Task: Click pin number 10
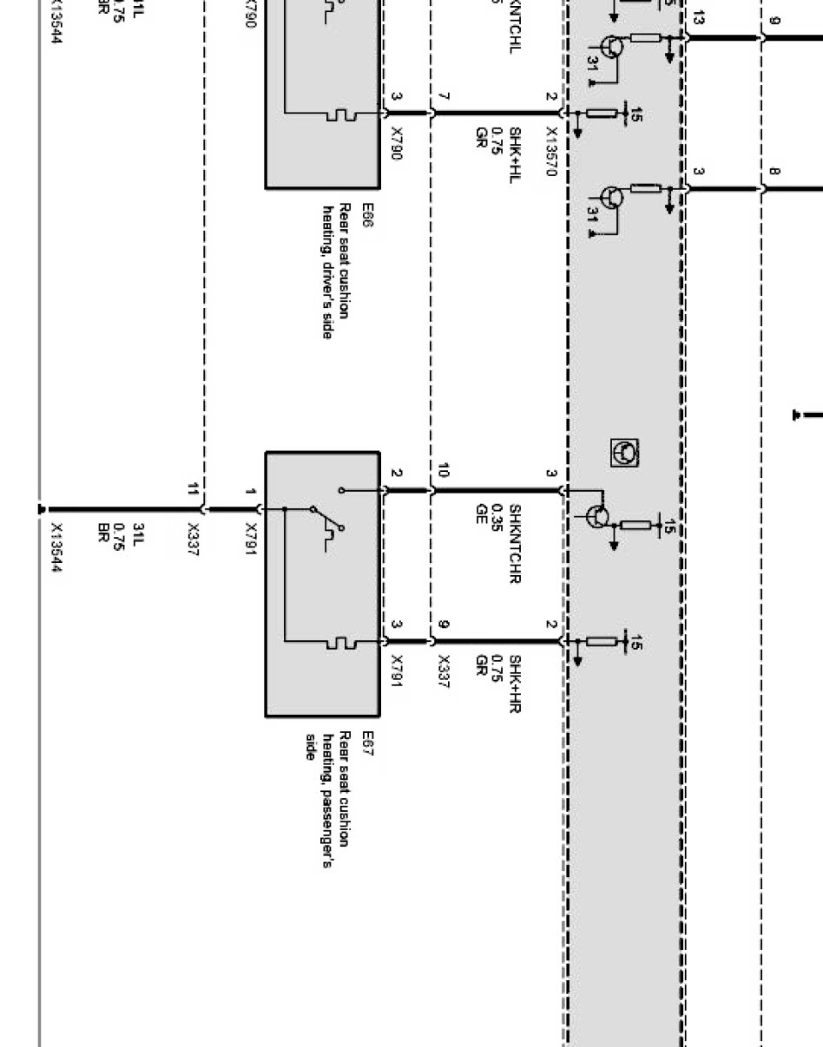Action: point(443,471)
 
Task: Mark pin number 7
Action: point(443,96)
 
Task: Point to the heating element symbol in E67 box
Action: point(339,643)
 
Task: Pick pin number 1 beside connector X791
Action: point(250,493)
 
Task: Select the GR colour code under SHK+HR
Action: point(480,664)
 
